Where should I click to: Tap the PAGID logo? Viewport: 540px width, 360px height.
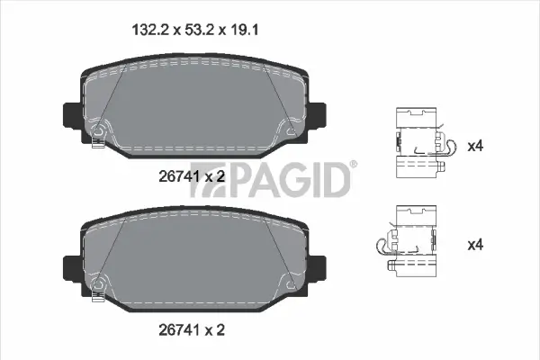click(290, 178)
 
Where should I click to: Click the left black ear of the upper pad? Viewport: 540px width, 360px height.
click(71, 115)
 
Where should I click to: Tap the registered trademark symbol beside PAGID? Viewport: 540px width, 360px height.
click(353, 164)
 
